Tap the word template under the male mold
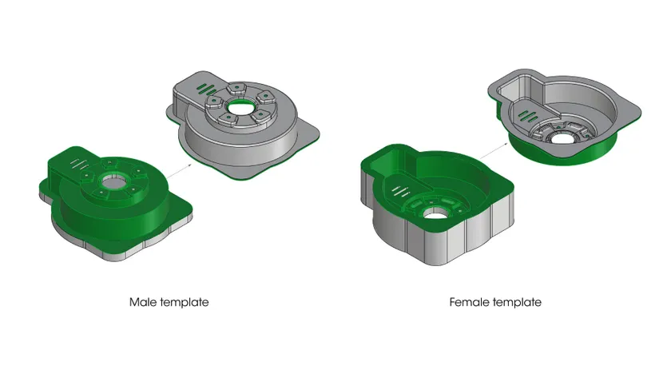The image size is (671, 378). pos(185,303)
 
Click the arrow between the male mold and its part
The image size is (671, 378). pos(179,171)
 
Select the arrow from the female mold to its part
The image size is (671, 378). pos(493,151)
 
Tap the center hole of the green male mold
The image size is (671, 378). pos(113,182)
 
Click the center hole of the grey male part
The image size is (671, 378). pos(240,107)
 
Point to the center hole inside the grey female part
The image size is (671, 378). pos(561,139)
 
